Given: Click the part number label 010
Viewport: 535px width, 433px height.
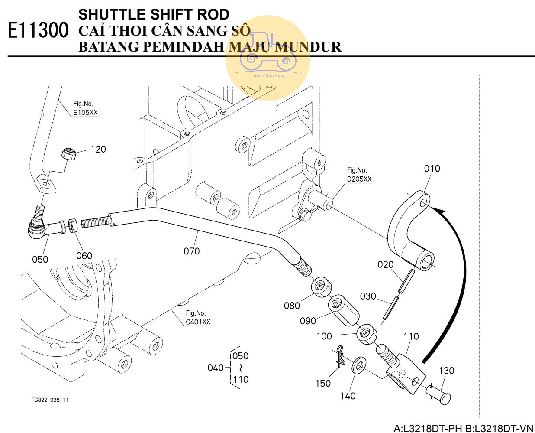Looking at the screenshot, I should (x=432, y=169).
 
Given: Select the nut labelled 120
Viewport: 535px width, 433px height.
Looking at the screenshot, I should (x=68, y=153).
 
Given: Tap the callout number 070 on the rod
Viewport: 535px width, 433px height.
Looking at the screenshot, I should (x=191, y=251).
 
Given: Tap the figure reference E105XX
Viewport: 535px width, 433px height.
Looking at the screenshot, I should (x=85, y=113).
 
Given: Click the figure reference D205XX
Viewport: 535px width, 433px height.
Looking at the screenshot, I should (x=359, y=179).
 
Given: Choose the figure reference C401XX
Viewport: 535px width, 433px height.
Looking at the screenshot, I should (x=198, y=322).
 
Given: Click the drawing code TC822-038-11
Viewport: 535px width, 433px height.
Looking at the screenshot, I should (x=50, y=400).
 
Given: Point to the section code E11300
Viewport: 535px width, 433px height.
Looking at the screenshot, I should (x=38, y=31).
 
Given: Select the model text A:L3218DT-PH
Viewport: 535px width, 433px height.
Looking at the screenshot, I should (x=428, y=429).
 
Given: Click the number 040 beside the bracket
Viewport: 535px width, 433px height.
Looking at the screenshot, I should (x=216, y=368).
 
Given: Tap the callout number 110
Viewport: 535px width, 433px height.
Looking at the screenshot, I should (x=411, y=336).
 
